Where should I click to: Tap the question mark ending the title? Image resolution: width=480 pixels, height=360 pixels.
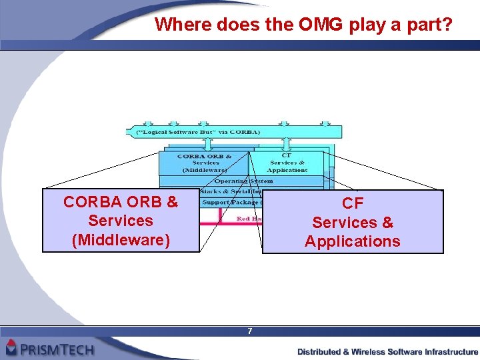447,25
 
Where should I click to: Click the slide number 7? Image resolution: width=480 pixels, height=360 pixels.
249,331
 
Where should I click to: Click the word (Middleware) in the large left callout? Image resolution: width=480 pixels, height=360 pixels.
121,239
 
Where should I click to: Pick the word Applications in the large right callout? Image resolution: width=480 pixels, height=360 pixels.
353,241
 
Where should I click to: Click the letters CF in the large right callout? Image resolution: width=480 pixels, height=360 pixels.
353,203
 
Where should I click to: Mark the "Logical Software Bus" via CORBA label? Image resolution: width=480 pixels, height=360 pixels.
189,132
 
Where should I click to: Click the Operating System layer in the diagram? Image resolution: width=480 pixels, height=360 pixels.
243,181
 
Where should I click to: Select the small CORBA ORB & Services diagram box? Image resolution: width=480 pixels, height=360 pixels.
205,163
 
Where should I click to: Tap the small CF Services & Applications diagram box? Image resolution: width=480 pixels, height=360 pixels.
288,163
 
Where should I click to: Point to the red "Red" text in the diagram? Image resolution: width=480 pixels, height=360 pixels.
245,218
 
